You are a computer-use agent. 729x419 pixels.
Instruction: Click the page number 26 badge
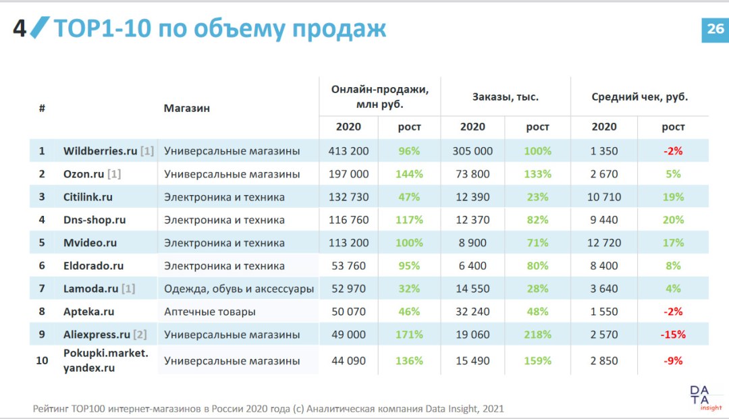pos(714,28)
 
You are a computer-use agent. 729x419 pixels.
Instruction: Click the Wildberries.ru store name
pos(101,151)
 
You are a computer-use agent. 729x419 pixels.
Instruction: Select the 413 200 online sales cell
pos(348,151)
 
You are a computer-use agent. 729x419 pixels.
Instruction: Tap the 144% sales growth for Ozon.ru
pos(409,174)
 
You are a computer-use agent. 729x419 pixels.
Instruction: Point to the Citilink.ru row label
pos(88,197)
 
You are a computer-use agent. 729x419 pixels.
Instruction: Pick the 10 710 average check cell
pos(604,197)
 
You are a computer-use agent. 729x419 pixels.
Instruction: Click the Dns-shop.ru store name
pos(94,220)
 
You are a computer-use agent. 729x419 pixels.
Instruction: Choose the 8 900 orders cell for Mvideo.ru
pos(473,243)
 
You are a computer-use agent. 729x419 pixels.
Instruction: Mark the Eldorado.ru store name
pos(93,266)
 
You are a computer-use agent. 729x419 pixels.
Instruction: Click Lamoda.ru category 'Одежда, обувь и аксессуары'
pos(239,289)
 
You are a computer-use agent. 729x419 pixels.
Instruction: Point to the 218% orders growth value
pos(537,335)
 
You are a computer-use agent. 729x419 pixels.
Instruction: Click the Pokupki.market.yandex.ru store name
pos(105,360)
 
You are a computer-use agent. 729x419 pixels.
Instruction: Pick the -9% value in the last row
pos(673,361)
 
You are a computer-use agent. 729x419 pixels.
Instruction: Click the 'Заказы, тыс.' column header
pos(505,97)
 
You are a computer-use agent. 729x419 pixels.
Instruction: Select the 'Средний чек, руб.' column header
pos(639,97)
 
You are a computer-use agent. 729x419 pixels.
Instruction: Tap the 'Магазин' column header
pos(186,108)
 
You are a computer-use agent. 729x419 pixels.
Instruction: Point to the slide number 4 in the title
pos(20,29)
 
